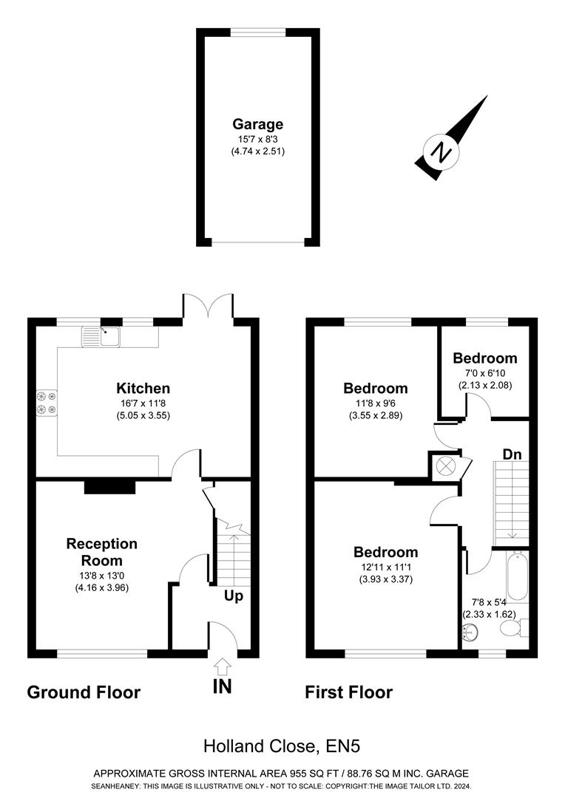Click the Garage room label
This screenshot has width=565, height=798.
(x=257, y=124)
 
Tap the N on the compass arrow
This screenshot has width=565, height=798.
(x=442, y=154)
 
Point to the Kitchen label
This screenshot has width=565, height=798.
(x=143, y=389)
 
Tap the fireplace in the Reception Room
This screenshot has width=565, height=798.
(x=109, y=486)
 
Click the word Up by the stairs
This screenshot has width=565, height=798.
(x=234, y=596)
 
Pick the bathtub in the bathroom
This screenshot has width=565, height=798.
(x=517, y=576)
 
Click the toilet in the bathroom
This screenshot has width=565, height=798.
(x=512, y=628)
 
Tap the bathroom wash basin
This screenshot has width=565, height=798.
(x=469, y=632)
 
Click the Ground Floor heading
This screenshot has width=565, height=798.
(x=84, y=692)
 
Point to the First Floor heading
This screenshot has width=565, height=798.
(x=349, y=692)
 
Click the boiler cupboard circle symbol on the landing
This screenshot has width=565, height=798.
(x=446, y=465)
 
